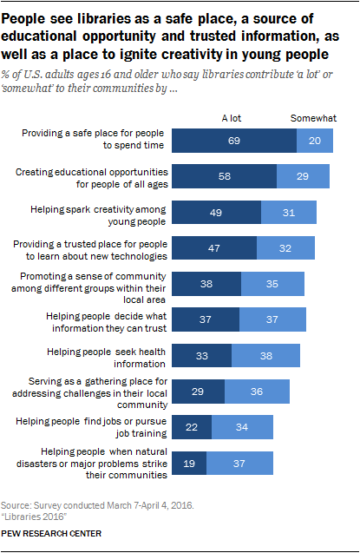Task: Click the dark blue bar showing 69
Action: tap(234, 141)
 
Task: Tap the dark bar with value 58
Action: tap(225, 177)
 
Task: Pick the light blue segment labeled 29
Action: tap(302, 177)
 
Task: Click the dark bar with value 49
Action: tap(217, 213)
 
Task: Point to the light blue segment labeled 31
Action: tap(289, 213)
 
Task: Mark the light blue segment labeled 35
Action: tap(272, 284)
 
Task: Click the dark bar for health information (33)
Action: tap(202, 356)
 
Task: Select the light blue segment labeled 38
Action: tap(265, 356)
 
